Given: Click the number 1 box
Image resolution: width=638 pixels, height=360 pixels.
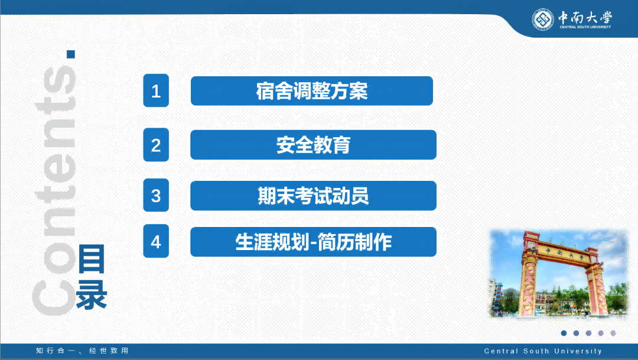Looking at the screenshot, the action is click(x=156, y=90).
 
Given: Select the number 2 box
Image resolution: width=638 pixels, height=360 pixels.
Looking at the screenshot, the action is click(x=156, y=145).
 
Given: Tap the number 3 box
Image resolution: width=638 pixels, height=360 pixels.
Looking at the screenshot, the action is click(x=156, y=195).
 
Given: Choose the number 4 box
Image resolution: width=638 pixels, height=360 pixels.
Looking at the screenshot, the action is click(x=156, y=241).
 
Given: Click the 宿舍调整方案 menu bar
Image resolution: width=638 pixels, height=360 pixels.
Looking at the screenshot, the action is click(x=312, y=91).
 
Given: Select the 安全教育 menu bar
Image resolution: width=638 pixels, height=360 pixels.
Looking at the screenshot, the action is click(x=313, y=145).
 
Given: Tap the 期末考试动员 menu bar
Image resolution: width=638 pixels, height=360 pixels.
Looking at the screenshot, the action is click(x=313, y=196).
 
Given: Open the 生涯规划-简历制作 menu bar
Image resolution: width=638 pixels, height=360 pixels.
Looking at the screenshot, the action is click(x=313, y=242).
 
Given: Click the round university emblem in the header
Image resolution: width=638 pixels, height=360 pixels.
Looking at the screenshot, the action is click(x=543, y=19).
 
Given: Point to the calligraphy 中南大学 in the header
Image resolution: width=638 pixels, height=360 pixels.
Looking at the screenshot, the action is click(x=585, y=17).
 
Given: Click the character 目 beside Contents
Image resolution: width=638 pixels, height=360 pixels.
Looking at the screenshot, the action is click(x=92, y=259).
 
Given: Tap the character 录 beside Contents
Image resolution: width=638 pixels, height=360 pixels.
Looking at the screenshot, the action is click(x=92, y=294).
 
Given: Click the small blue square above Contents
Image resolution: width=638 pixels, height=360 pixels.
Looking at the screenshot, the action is click(x=71, y=54).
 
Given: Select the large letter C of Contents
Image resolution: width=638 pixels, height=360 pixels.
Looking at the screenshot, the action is click(x=54, y=298).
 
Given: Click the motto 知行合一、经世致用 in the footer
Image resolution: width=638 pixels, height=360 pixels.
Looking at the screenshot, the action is click(x=82, y=351).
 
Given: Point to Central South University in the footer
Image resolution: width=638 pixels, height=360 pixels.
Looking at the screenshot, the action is click(x=543, y=351).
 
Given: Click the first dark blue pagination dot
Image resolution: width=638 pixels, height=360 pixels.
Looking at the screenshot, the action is click(x=564, y=333).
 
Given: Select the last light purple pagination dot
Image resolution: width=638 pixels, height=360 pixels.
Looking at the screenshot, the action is click(x=613, y=333).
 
